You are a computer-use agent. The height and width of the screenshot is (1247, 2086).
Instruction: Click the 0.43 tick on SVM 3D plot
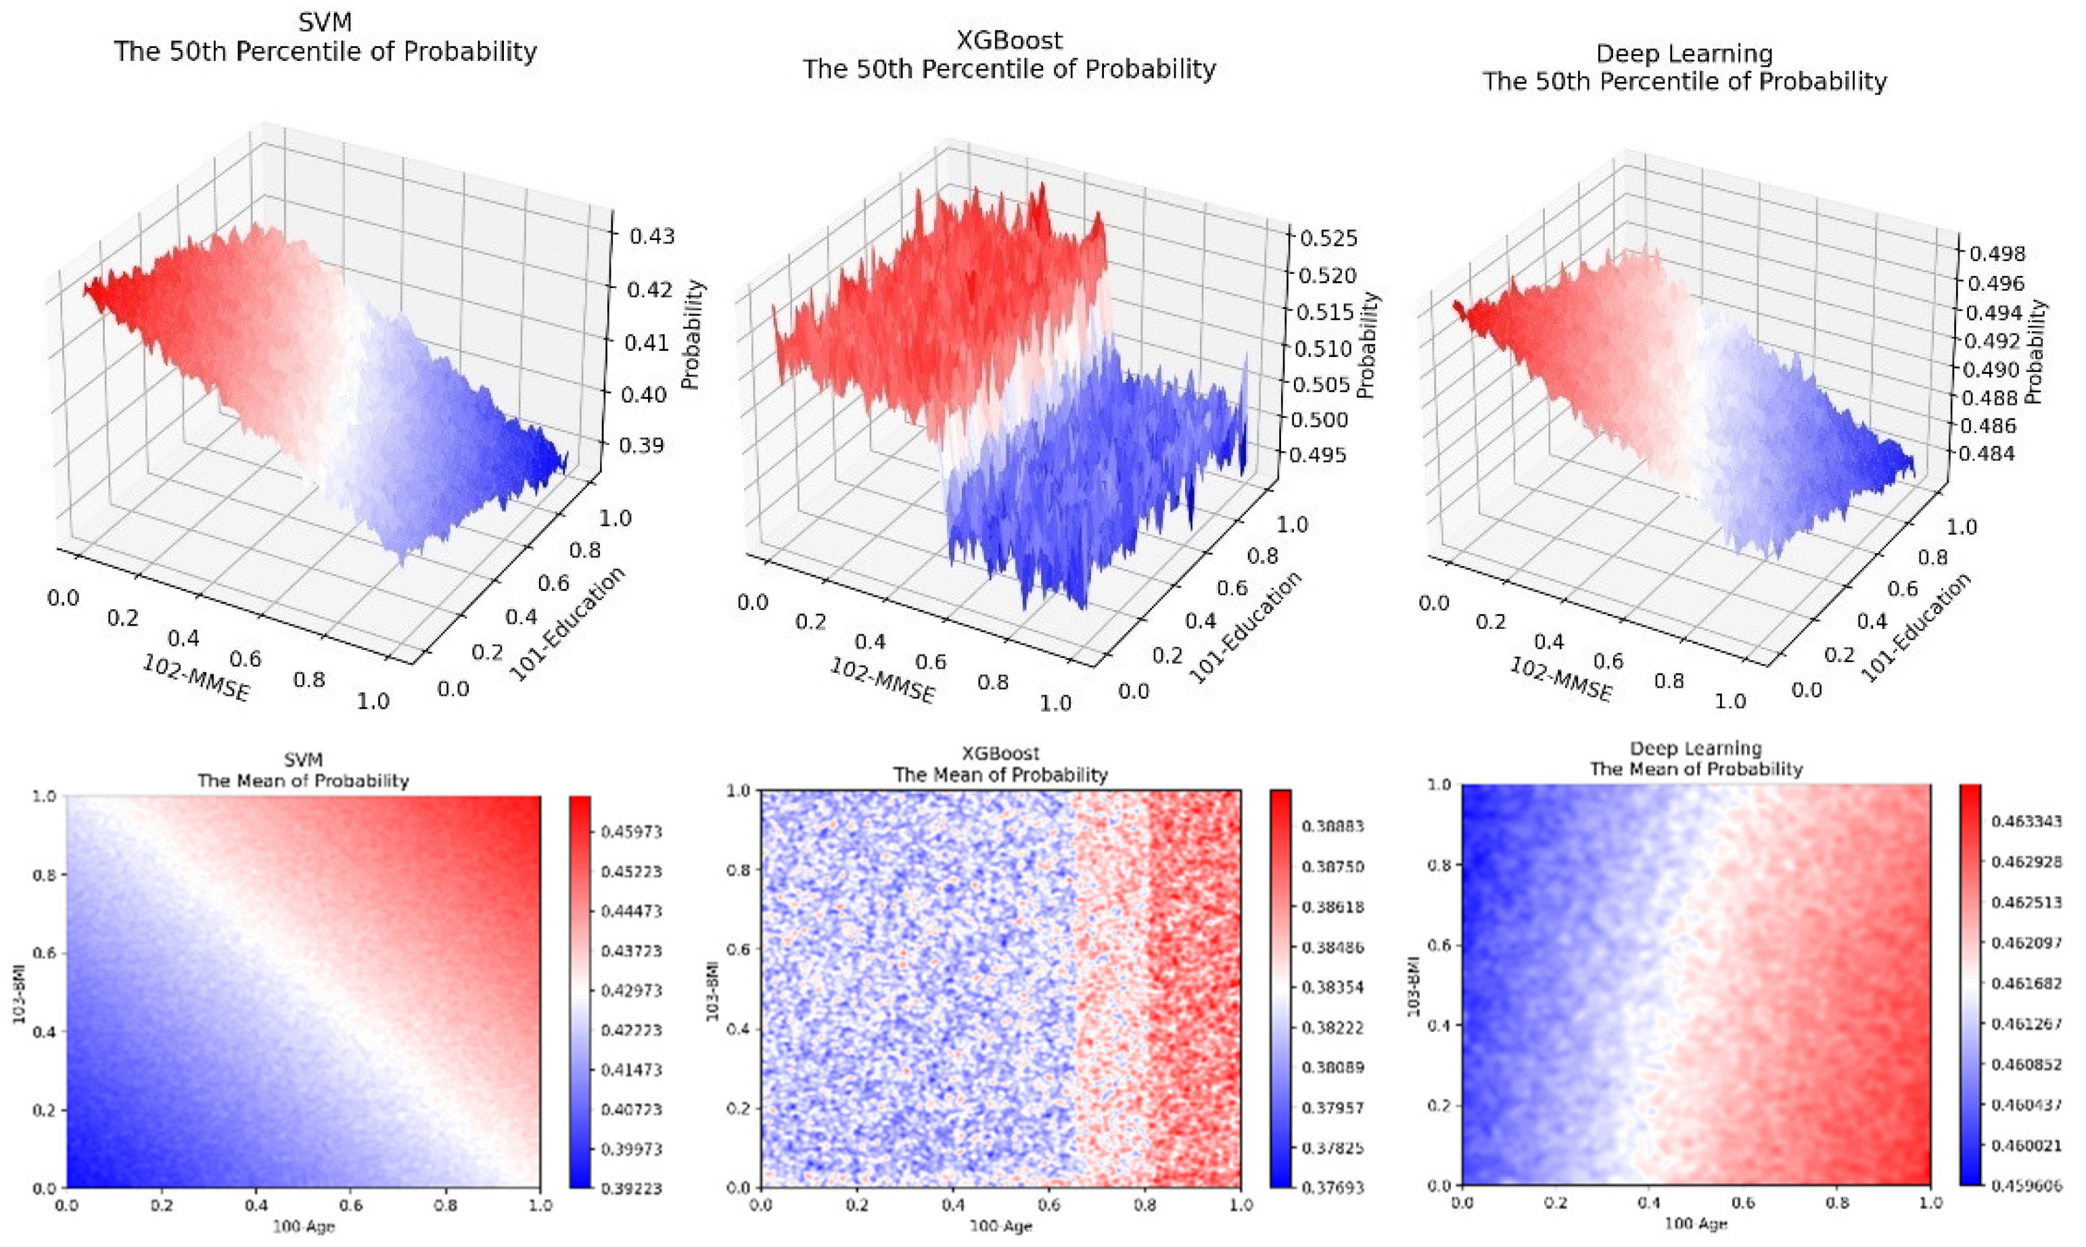(652, 236)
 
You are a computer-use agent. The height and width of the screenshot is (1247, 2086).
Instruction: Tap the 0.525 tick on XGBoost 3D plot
(1328, 239)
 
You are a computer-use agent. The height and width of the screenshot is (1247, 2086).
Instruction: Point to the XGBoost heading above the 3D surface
(1009, 41)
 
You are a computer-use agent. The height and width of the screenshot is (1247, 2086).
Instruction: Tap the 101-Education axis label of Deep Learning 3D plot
(1914, 627)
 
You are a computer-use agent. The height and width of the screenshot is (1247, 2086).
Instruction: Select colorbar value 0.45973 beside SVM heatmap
(631, 832)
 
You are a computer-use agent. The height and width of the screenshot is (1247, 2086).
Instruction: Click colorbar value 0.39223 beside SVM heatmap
(631, 1188)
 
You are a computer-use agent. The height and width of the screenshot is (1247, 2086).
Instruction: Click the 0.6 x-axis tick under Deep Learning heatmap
(1743, 1202)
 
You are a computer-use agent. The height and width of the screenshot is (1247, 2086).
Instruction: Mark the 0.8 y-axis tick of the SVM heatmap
(44, 875)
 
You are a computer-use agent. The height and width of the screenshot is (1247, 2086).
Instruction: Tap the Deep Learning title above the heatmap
(1695, 749)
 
